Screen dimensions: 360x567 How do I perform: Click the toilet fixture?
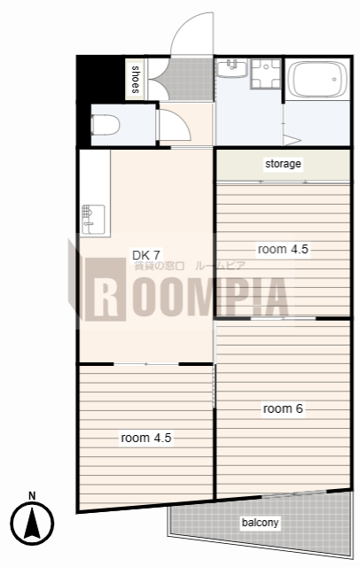(x=106, y=125)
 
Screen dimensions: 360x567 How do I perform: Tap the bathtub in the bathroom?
(x=317, y=79)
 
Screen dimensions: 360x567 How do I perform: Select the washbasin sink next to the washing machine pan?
(x=231, y=68)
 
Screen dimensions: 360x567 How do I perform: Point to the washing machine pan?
(x=266, y=74)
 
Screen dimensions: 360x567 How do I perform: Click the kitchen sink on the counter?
(x=93, y=220)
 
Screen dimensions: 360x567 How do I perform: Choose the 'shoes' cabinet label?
(x=135, y=80)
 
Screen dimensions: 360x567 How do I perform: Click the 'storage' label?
(x=283, y=164)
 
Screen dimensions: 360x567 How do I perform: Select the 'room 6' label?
(x=283, y=408)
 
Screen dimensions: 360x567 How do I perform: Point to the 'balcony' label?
(x=260, y=523)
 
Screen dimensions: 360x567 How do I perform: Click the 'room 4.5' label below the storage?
(x=283, y=249)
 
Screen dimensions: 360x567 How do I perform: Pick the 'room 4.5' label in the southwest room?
(x=146, y=438)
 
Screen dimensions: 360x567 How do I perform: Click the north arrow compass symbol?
(x=32, y=523)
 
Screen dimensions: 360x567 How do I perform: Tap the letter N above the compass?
(x=32, y=495)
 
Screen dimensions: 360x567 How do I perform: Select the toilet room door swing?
(x=175, y=124)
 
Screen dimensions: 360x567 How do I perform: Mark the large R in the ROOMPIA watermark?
(x=106, y=290)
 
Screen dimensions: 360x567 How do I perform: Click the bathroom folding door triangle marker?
(x=292, y=140)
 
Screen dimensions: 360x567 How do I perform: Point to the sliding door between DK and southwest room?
(x=145, y=364)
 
